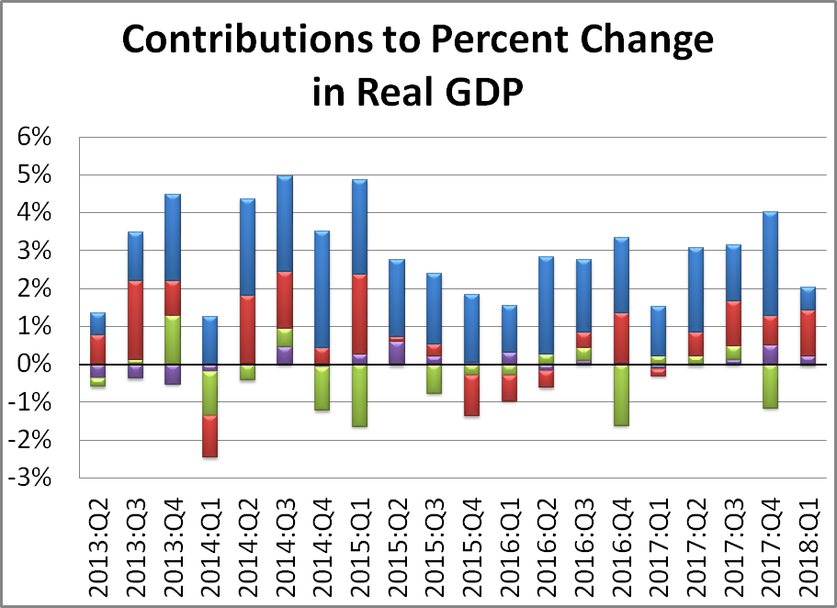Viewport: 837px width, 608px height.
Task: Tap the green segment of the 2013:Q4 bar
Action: tap(172, 340)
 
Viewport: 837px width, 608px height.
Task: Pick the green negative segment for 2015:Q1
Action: tap(359, 395)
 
